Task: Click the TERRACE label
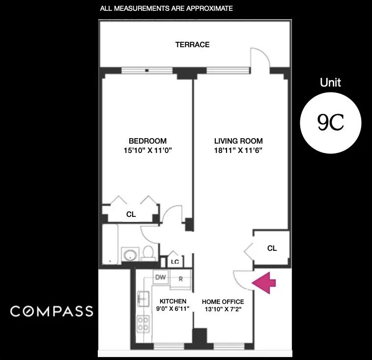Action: (x=192, y=45)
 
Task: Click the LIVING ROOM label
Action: (x=238, y=141)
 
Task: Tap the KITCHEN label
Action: (x=172, y=301)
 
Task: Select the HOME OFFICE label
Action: (x=223, y=301)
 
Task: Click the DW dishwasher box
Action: (x=160, y=277)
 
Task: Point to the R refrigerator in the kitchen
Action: (x=180, y=279)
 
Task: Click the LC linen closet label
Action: (x=175, y=262)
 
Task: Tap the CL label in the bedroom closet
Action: (x=131, y=214)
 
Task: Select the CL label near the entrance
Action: (x=272, y=248)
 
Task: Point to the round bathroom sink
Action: (x=130, y=255)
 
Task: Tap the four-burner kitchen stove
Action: (x=143, y=323)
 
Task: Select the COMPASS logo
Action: (x=52, y=311)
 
